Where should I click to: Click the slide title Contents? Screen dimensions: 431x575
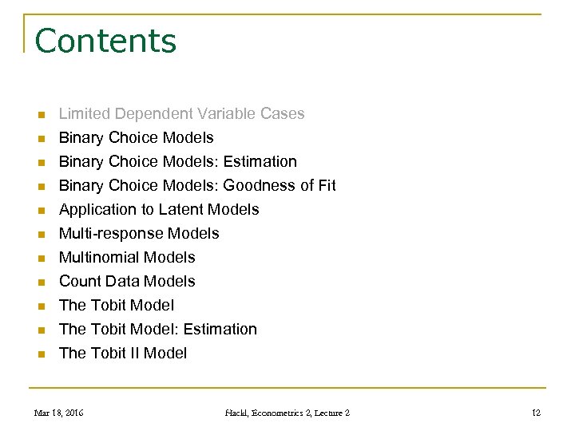105,41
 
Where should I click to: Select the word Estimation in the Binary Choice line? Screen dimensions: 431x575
260,161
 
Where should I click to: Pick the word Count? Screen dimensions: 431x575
80,281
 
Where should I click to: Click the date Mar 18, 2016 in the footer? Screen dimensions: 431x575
58,413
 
